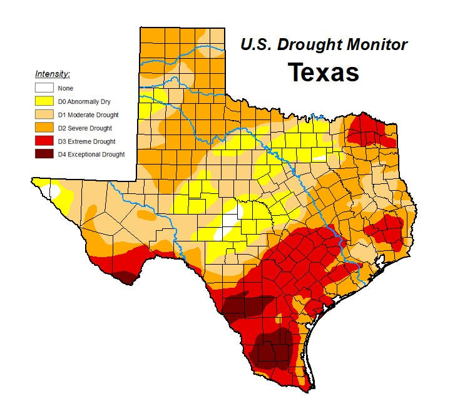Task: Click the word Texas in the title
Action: click(323, 73)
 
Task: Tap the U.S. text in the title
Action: click(255, 45)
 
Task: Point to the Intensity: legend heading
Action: click(52, 74)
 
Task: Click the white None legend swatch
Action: click(44, 88)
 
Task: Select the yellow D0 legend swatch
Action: click(44, 101)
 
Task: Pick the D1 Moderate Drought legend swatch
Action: click(44, 114)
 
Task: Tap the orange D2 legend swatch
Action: click(44, 128)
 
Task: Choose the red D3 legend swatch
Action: click(44, 141)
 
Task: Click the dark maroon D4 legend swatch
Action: click(44, 154)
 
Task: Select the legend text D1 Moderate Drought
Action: click(88, 114)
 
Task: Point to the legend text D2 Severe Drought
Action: click(85, 128)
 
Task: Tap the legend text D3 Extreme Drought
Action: click(87, 141)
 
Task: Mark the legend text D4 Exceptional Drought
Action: click(91, 154)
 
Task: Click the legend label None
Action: click(65, 88)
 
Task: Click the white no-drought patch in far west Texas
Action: click(56, 191)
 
